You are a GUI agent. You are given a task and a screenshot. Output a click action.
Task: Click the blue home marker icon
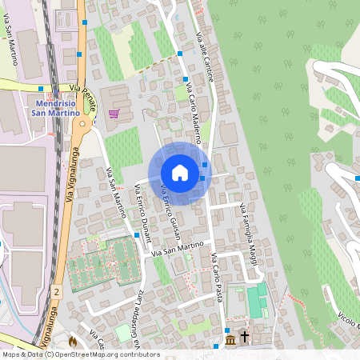180,173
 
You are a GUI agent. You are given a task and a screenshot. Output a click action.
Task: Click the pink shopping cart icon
114,114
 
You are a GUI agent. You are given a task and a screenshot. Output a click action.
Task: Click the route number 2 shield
57,294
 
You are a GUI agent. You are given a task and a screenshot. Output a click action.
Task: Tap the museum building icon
230,342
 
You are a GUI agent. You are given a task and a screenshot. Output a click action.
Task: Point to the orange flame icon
72,342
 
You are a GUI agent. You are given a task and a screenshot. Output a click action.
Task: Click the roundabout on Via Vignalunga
80,126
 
